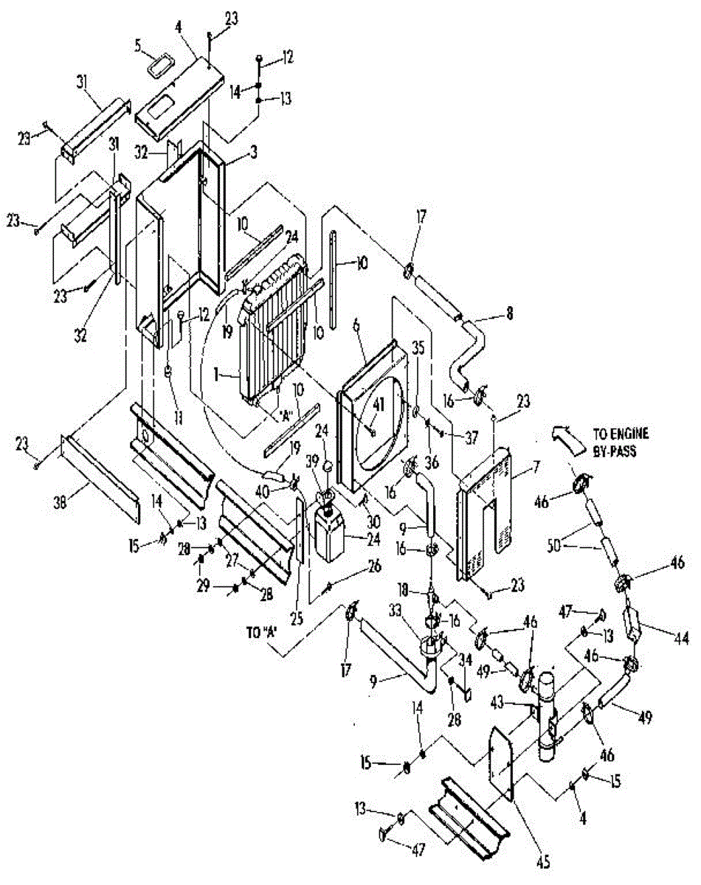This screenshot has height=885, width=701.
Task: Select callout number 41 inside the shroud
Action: coord(378,404)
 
